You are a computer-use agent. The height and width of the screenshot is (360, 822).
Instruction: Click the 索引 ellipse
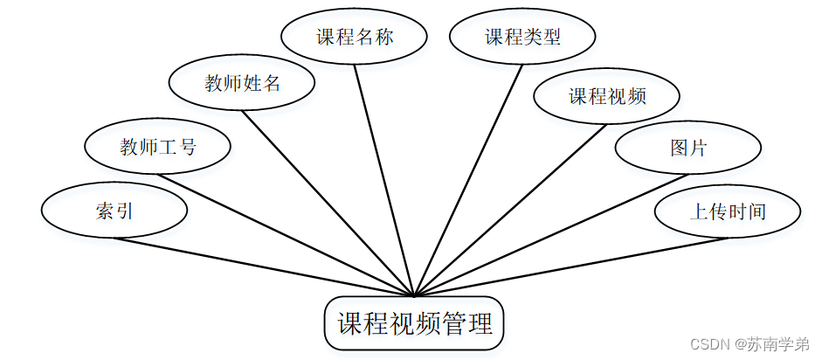[114, 211]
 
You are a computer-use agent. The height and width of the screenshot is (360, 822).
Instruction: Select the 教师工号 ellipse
[157, 147]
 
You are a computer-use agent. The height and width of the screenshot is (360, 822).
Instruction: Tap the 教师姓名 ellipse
[242, 83]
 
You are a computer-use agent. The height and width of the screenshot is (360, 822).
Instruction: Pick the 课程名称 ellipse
[354, 38]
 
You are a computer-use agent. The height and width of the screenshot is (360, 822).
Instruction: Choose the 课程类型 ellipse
[522, 38]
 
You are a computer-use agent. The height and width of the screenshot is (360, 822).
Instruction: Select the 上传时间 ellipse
[728, 211]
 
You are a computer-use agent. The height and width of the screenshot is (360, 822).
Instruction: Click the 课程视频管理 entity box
[415, 324]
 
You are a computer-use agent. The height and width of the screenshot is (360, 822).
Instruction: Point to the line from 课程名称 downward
[384, 179]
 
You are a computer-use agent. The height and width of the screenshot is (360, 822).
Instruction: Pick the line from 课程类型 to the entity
[469, 179]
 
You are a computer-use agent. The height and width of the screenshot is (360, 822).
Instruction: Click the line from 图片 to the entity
[550, 234]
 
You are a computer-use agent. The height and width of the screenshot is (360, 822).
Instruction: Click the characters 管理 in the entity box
[467, 324]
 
